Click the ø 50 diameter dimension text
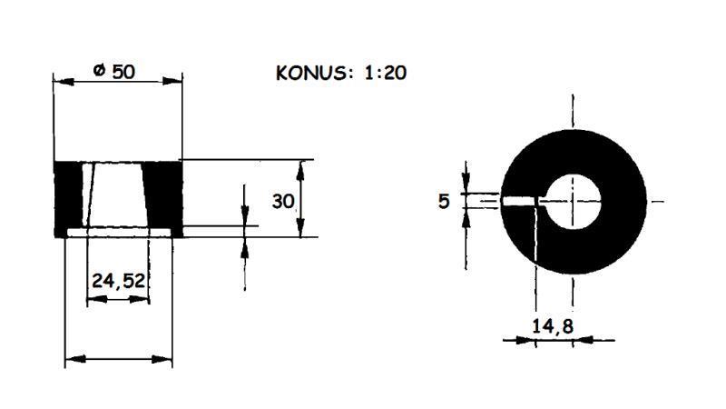coord(114,70)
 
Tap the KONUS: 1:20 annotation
coord(340,73)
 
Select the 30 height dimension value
coord(283,201)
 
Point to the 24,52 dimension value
coord(118,282)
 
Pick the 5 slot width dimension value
coord(444,201)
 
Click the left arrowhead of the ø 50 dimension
coord(60,81)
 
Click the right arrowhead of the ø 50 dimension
coord(177,81)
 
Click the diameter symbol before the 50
coord(99,70)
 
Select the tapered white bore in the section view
coord(118,195)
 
